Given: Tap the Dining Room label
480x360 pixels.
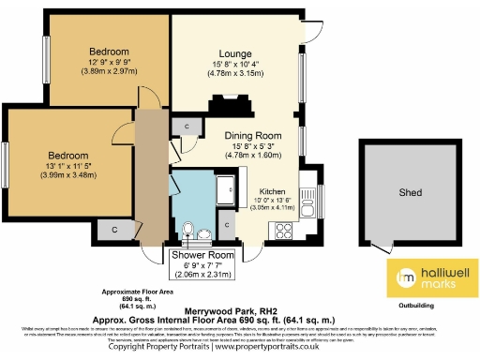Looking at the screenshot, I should coord(253,135).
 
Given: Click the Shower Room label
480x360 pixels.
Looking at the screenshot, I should coord(202,254).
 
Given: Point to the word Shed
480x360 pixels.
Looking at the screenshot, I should coord(410,193).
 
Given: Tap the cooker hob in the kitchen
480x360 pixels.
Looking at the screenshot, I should coord(282,228).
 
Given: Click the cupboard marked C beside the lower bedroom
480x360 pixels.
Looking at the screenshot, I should coord(114,228).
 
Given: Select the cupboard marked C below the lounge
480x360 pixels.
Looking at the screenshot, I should coord(187,125).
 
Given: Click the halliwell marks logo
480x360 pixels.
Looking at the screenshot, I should coord(432,275).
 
